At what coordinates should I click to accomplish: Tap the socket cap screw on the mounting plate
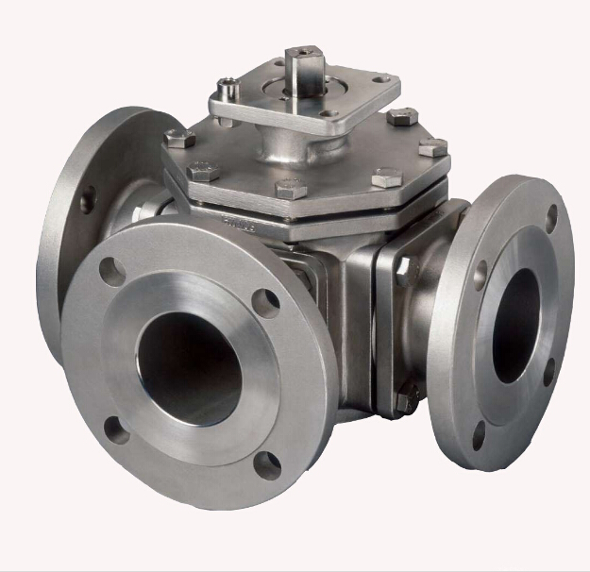227,91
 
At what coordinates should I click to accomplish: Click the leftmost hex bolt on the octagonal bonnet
179,139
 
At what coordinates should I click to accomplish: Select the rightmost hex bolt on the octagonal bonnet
432,148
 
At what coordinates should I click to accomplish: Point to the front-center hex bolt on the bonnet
292,187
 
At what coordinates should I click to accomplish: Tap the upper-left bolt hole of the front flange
112,271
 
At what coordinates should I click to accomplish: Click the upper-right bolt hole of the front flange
266,302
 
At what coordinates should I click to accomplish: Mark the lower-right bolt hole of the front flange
268,464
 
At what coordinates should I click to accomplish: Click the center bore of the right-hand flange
515,326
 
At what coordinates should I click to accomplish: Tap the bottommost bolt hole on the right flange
478,434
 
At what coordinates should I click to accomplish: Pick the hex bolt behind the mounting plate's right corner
401,117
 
